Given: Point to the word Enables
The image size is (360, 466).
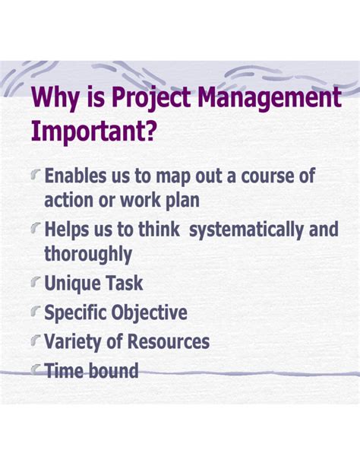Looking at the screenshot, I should tap(80, 176).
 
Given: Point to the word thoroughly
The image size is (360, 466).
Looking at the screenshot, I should tap(88, 254).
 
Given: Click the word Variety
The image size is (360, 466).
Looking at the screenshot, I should tap(75, 342).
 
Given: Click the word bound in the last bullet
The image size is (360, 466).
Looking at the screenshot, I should tap(114, 371).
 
